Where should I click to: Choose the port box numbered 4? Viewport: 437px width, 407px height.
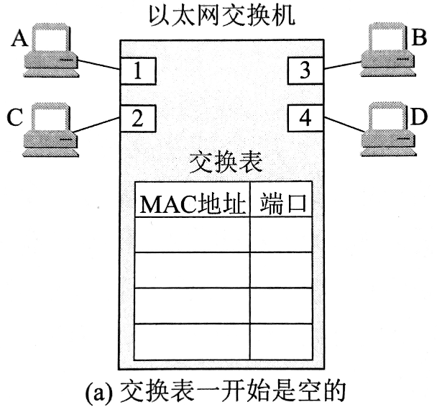pos(305,117)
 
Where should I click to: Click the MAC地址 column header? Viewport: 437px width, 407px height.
pos(191,202)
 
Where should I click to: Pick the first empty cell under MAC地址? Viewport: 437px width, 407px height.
pos(193,235)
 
